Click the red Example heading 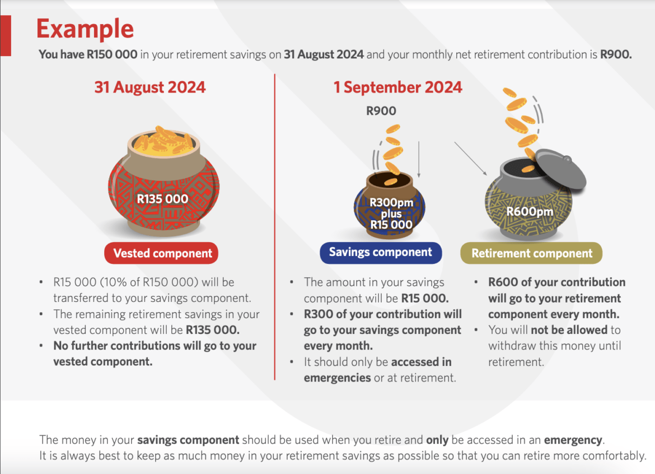pyautogui.click(x=86, y=29)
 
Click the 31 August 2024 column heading pyautogui.click(x=149, y=87)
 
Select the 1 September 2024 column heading pyautogui.click(x=397, y=87)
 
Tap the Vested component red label pyautogui.click(x=162, y=253)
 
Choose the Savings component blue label pyautogui.click(x=380, y=252)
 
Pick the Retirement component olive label pyautogui.click(x=531, y=253)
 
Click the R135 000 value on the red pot pyautogui.click(x=162, y=198)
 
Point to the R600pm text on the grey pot pyautogui.click(x=530, y=211)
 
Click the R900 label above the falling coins pyautogui.click(x=381, y=111)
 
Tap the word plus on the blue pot pyautogui.click(x=391, y=213)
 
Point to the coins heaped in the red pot pyautogui.click(x=162, y=141)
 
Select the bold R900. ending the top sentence pyautogui.click(x=616, y=55)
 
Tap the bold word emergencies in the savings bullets pyautogui.click(x=337, y=378)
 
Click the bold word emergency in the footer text pyautogui.click(x=573, y=439)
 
